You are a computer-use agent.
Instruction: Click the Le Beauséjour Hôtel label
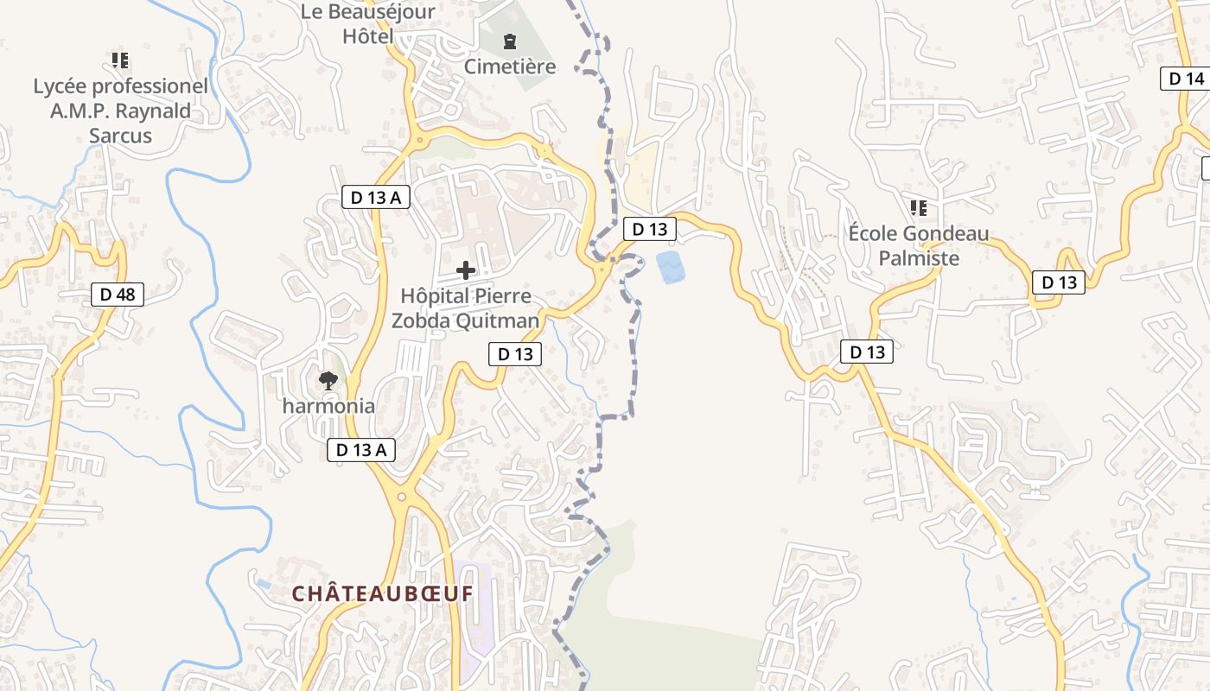[367, 23]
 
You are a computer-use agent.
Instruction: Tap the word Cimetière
[510, 67]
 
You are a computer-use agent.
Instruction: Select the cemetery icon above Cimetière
[510, 41]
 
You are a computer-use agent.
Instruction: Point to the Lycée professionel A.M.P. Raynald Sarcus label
[121, 111]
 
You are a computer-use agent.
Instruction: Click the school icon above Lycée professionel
[120, 60]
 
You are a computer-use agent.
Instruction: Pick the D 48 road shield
[118, 295]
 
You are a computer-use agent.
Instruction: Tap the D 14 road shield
[1186, 79]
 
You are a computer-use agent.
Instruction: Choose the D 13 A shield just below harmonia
[361, 449]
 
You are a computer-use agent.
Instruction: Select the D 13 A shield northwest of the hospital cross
[375, 197]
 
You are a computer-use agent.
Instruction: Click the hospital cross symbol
[466, 270]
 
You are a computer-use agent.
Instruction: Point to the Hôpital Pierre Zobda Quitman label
[466, 308]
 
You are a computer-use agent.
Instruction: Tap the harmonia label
[329, 406]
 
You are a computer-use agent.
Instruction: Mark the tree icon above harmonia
[328, 380]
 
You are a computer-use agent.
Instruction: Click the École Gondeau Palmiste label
[919, 246]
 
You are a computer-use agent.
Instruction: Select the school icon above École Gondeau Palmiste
[919, 208]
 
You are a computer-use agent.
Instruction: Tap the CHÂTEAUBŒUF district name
[383, 594]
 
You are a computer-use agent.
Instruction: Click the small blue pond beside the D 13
[671, 267]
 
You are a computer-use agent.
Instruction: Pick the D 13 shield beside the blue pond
[650, 229]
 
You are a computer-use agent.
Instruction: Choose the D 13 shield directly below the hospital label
[515, 353]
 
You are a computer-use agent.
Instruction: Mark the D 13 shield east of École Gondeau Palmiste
[1059, 282]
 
